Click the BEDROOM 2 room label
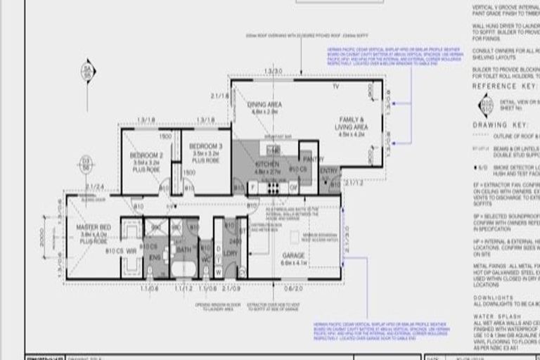pos(148,154)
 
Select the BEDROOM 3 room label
pos(205,146)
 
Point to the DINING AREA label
pos(265,105)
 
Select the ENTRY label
pos(328,170)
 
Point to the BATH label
pos(184,250)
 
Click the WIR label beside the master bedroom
pos(131,250)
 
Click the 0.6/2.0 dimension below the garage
pos(295,288)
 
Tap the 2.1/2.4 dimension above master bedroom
pos(94,186)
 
